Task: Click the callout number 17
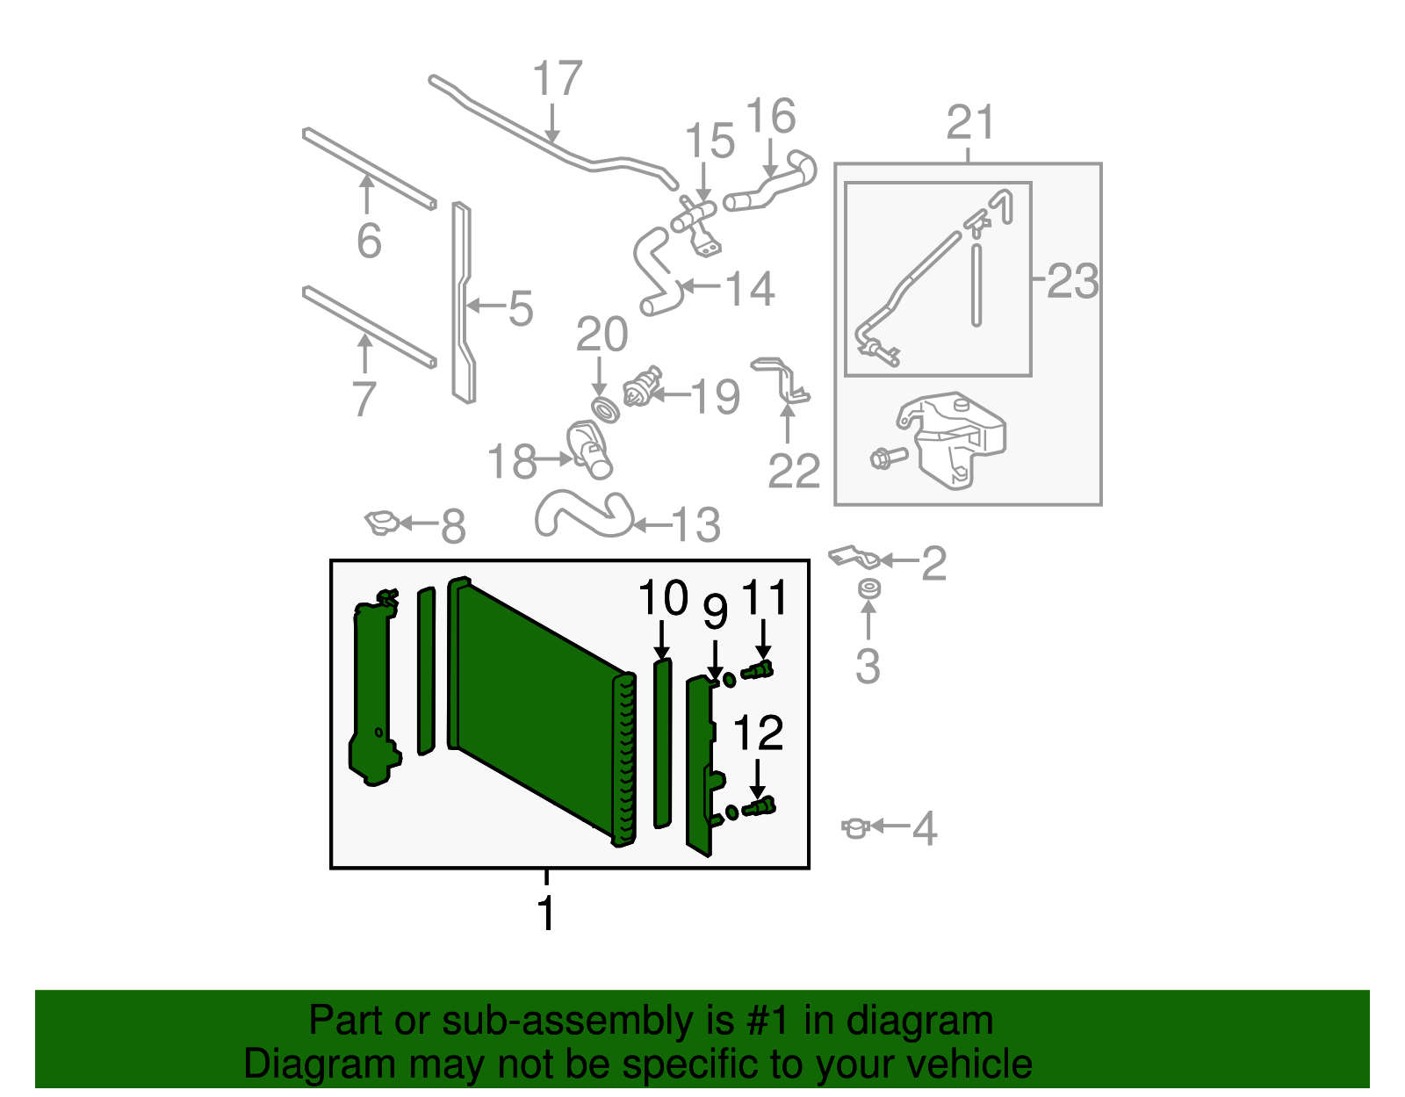[x=558, y=79]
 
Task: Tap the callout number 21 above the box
[x=970, y=123]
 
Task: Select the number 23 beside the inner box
[x=1072, y=281]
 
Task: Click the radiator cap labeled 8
[x=383, y=523]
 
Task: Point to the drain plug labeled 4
[x=854, y=827]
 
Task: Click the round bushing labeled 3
[x=868, y=588]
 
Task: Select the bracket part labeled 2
[x=854, y=557]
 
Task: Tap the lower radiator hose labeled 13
[x=584, y=514]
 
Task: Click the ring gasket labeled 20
[x=603, y=409]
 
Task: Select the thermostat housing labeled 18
[x=588, y=449]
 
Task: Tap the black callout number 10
[x=663, y=598]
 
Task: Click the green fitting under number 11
[x=758, y=672]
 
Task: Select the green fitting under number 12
[x=758, y=806]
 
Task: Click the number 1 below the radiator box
[x=546, y=913]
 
